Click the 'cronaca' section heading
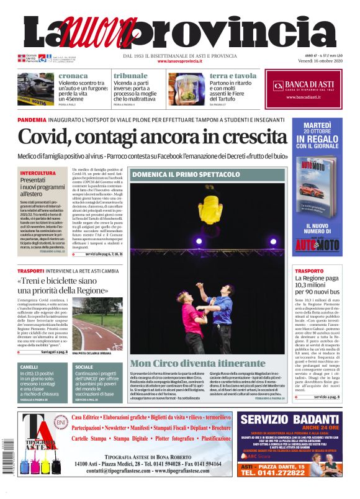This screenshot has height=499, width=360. pyautogui.click(x=73, y=76)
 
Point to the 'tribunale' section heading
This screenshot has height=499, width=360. pyautogui.click(x=130, y=76)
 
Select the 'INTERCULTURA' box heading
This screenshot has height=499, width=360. pyautogui.click(x=37, y=173)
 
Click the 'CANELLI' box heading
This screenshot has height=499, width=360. pyautogui.click(x=29, y=367)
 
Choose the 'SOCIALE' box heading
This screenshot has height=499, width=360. pyautogui.click(x=84, y=367)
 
